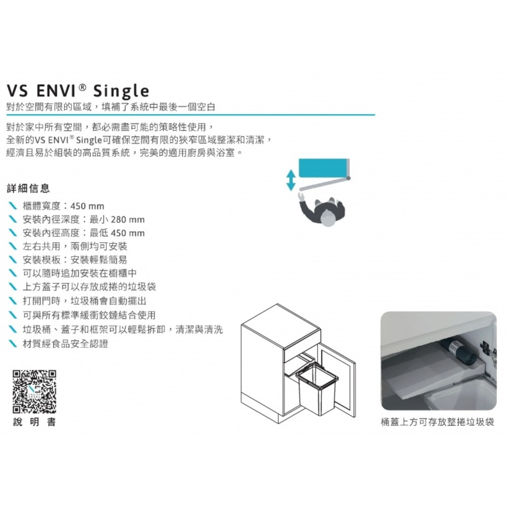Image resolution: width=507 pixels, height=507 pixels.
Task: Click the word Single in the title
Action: (121, 91)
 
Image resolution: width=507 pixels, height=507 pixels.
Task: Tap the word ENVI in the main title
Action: (56, 90)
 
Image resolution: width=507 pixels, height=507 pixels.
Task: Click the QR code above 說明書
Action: (34, 392)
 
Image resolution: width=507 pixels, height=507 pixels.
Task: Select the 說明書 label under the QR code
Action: (34, 422)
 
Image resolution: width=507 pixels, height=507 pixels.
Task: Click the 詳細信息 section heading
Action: (28, 188)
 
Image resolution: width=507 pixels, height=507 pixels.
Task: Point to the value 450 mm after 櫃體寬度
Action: (87, 206)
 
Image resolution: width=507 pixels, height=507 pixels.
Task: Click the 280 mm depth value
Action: (128, 220)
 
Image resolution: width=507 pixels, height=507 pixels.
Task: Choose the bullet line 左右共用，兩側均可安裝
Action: (75, 246)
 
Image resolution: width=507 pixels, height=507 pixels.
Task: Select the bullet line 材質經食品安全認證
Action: (65, 343)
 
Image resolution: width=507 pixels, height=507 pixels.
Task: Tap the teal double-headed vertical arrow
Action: (291, 180)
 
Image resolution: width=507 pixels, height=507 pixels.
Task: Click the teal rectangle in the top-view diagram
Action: (323, 168)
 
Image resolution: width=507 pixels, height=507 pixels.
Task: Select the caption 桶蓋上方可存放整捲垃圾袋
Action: (438, 422)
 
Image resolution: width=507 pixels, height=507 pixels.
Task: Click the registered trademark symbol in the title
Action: (83, 87)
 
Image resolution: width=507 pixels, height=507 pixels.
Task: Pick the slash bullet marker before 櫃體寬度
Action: (13, 206)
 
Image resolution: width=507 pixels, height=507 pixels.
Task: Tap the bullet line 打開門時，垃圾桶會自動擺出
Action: (84, 301)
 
